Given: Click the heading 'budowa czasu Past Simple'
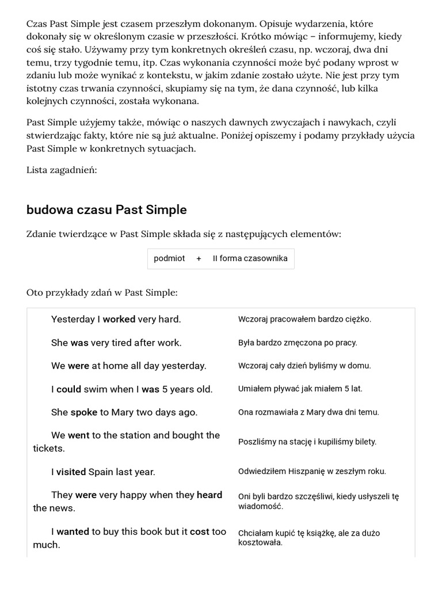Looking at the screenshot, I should pyautogui.click(x=106, y=210).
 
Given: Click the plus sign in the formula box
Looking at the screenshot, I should pyautogui.click(x=199, y=259).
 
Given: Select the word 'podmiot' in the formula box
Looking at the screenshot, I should pyautogui.click(x=169, y=259).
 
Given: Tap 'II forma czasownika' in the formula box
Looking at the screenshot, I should pyautogui.click(x=250, y=259).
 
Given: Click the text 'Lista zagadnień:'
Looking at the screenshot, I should pyautogui.click(x=62, y=170).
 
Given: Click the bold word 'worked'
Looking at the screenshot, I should pyautogui.click(x=119, y=319).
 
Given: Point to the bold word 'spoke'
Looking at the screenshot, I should pyautogui.click(x=84, y=412).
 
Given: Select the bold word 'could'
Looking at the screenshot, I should pyautogui.click(x=68, y=389).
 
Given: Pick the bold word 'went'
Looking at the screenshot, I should pyautogui.click(x=79, y=435).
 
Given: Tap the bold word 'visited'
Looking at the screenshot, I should pyautogui.click(x=71, y=472).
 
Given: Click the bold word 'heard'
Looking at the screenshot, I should pyautogui.click(x=209, y=495).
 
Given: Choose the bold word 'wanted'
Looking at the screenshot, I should pyautogui.click(x=73, y=532).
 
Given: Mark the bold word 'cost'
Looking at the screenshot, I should pyautogui.click(x=200, y=532).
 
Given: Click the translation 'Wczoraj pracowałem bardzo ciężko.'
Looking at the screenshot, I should pyautogui.click(x=304, y=319).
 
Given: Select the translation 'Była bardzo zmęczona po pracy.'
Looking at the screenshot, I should pyautogui.click(x=298, y=343).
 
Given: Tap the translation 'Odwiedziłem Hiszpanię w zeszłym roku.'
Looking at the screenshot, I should pyautogui.click(x=312, y=472).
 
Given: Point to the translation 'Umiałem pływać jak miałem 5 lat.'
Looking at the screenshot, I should pyautogui.click(x=300, y=389).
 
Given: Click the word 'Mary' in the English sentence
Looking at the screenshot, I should pyautogui.click(x=125, y=412).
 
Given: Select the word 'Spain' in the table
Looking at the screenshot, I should pyautogui.click(x=101, y=472).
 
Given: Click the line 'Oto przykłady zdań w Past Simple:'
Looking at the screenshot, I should pyautogui.click(x=102, y=293).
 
